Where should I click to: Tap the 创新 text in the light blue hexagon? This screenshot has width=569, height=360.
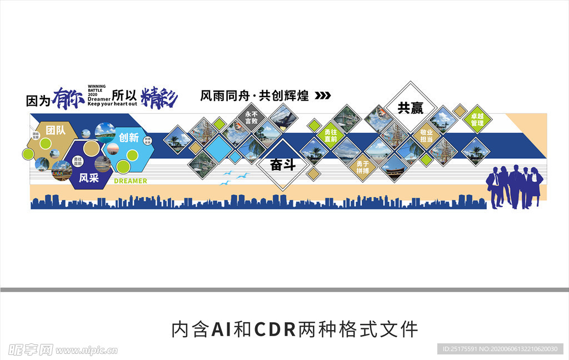click(128, 137)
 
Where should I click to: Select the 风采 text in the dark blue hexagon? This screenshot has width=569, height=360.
click(89, 178)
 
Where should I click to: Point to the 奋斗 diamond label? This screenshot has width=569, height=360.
click(282, 164)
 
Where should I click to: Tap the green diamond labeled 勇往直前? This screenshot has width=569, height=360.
click(331, 136)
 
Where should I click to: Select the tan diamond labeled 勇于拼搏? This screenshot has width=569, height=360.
click(363, 167)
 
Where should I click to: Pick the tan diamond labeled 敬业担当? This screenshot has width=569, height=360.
click(426, 136)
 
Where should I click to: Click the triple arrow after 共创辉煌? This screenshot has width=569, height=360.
click(322, 96)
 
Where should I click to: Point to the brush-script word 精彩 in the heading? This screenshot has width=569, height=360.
click(159, 98)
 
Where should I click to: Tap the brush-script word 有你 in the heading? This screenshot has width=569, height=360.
click(68, 98)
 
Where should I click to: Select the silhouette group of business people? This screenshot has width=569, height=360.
click(514, 187)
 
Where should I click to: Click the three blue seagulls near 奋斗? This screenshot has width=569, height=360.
click(235, 177)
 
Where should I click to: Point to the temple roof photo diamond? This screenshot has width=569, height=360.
click(395, 167)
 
